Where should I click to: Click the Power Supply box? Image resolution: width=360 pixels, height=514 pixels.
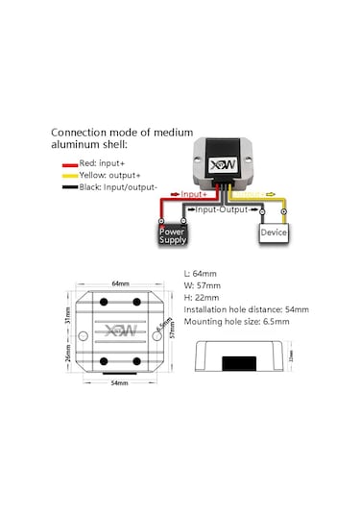[173, 233]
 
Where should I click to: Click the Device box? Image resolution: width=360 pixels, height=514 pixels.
[273, 232]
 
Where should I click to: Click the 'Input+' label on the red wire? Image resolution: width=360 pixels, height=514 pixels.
[195, 194]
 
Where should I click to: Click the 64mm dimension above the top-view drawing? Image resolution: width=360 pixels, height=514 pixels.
[121, 283]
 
